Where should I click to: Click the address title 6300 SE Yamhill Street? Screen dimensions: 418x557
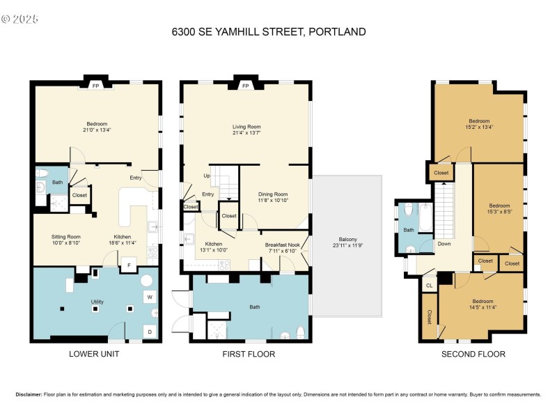click(268, 31)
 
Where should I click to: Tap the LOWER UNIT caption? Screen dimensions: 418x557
click(94, 354)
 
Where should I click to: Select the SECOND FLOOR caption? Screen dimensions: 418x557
click(473, 354)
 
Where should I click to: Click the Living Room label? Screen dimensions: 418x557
click(246, 127)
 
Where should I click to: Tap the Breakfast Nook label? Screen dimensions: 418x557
click(281, 245)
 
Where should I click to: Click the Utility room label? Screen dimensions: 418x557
click(97, 302)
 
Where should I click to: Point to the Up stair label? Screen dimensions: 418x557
click(206, 176)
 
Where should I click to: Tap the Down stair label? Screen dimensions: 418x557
click(444, 244)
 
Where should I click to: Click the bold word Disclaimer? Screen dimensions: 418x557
click(29, 394)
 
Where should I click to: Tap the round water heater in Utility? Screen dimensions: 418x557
click(147, 281)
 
